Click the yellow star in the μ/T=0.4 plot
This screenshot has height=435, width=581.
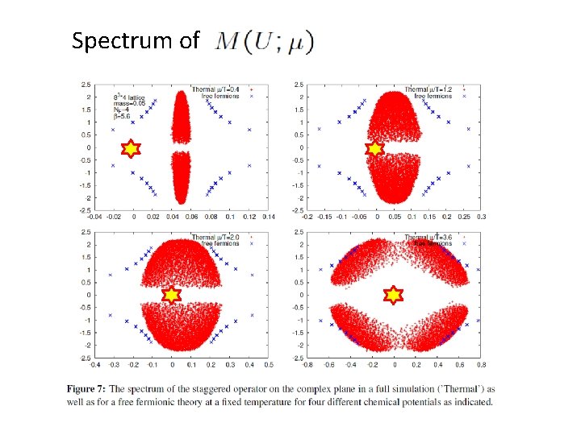click(130, 148)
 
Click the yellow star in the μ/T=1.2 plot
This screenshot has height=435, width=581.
click(374, 148)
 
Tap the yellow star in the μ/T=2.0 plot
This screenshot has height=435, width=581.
click(171, 295)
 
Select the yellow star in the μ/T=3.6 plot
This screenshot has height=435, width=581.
click(393, 296)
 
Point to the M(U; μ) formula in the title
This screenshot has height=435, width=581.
click(265, 41)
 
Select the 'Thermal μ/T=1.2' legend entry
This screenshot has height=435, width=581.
click(431, 89)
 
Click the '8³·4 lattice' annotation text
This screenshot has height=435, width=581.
click(132, 97)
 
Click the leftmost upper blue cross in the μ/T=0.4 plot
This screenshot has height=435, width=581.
click(113, 130)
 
